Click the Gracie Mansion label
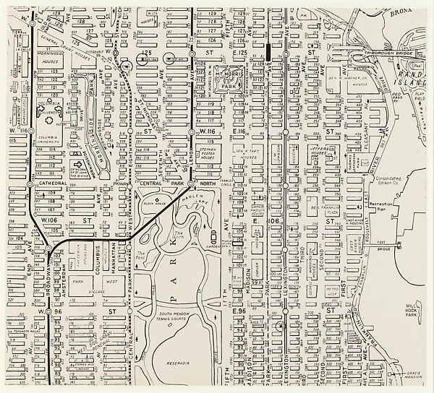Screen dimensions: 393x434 tap(414, 379)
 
